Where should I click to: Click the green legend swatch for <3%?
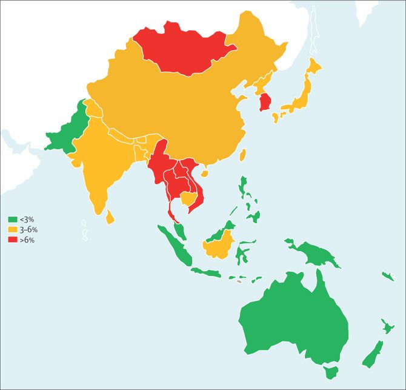12,219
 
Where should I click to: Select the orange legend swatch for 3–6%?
12,230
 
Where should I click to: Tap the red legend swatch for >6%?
12,241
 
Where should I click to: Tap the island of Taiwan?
243,155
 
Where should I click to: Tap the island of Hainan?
204,174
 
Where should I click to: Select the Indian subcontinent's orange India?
97,164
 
